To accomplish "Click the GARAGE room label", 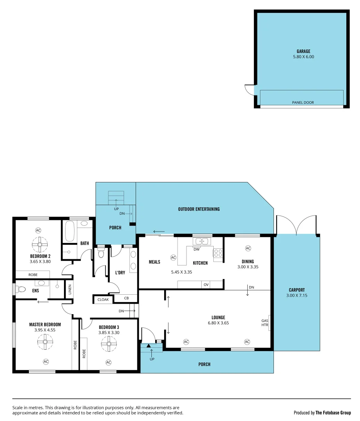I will click(x=303, y=51).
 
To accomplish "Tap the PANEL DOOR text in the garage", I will click(x=303, y=103).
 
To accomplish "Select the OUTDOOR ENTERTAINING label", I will click(x=199, y=209).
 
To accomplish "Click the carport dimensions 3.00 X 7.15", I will click(x=296, y=295).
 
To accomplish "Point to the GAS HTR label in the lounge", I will click(x=265, y=323).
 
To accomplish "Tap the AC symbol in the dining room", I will click(x=248, y=248).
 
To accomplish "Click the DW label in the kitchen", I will click(x=197, y=249).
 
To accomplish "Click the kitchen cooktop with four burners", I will click(x=218, y=253).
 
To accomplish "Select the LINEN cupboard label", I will click(x=69, y=289).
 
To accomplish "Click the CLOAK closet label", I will click(x=103, y=299).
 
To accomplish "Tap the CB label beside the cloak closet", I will click(x=126, y=298).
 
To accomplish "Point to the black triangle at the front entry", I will click(x=149, y=345).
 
